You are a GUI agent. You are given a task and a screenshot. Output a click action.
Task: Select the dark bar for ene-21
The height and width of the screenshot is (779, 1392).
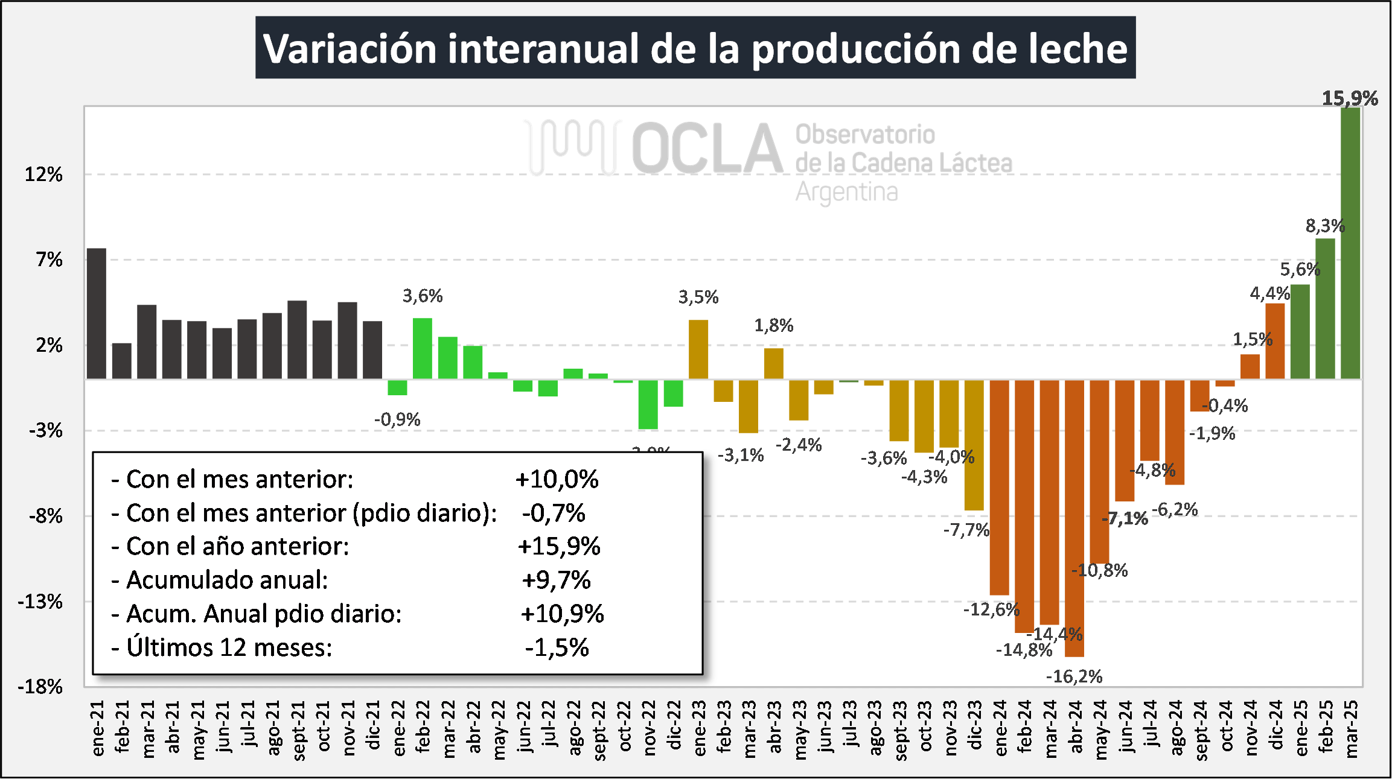(x=97, y=313)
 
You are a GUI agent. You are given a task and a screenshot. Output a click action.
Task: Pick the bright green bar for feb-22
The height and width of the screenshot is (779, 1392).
(x=423, y=349)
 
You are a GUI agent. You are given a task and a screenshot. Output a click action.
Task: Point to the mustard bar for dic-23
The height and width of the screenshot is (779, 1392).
(x=974, y=445)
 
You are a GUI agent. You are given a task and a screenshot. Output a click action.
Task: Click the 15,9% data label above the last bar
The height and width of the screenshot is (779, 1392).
(x=1350, y=98)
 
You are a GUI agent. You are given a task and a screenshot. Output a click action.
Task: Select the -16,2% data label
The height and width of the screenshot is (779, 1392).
(x=1074, y=676)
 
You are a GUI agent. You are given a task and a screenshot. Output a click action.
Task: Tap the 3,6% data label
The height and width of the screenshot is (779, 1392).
(x=423, y=296)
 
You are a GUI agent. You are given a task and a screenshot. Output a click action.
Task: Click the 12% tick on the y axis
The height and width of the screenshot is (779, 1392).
(x=43, y=175)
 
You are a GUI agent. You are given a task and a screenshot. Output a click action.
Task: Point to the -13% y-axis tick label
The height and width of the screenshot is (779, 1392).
(x=40, y=602)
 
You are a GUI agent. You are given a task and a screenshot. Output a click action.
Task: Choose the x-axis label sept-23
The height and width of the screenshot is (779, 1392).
(x=899, y=730)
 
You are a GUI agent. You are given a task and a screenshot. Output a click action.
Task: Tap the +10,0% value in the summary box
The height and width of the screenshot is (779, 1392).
(x=557, y=480)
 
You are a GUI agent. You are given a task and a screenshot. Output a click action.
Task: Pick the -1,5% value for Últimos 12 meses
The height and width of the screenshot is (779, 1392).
(x=557, y=647)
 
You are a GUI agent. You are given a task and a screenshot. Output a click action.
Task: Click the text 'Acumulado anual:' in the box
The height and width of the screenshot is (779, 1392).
(x=227, y=580)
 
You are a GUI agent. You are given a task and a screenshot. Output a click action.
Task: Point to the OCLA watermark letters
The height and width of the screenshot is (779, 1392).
(x=706, y=149)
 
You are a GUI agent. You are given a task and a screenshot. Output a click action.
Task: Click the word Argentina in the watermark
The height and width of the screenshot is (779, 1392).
(x=846, y=192)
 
